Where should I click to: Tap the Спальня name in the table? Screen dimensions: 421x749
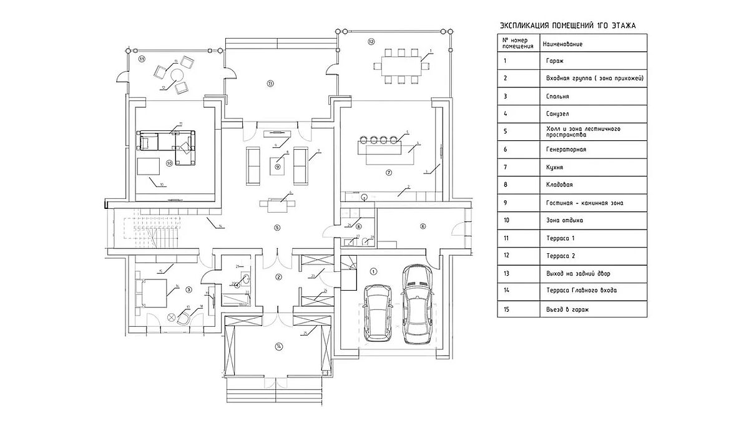tap(556, 97)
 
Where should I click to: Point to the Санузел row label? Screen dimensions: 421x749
tap(556, 114)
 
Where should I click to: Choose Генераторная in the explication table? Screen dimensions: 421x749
tap(565, 150)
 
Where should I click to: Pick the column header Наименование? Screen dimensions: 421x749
tap(565, 44)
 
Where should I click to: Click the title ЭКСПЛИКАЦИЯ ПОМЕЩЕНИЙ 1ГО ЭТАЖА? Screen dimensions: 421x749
tap(568, 26)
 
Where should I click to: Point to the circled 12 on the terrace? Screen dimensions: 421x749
tap(371, 42)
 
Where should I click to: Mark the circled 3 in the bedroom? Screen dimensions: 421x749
tap(188, 289)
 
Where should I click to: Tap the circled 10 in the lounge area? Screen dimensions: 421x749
tap(169, 163)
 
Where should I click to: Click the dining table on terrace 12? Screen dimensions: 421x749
tap(399, 64)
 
